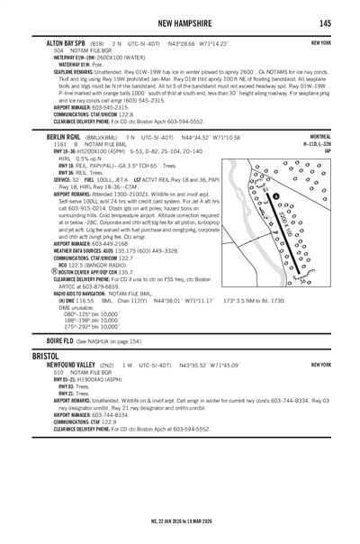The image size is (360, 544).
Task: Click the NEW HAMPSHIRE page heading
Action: (x=193, y=23)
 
